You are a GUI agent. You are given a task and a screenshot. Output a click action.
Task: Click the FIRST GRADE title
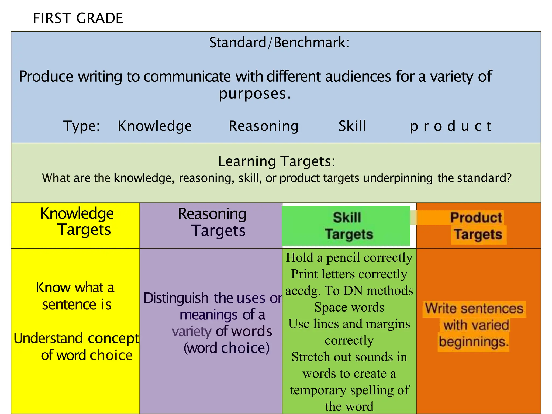click(x=78, y=18)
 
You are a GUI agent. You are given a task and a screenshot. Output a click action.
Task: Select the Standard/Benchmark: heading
click(x=279, y=43)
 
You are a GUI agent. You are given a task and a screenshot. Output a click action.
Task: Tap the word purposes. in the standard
click(x=254, y=94)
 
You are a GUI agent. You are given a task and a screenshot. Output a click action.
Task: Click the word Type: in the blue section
click(x=81, y=126)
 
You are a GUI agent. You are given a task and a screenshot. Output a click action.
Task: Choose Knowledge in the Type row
click(x=155, y=126)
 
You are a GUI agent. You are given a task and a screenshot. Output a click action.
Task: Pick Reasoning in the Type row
click(x=264, y=126)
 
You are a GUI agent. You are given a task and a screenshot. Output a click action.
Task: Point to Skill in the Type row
click(x=352, y=126)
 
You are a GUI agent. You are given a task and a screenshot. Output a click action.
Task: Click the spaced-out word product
click(x=451, y=126)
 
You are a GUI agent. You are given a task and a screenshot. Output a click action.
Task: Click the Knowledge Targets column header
click(x=77, y=222)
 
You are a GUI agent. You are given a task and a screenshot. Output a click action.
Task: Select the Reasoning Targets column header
click(x=212, y=222)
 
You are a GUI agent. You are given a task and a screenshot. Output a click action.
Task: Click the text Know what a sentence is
click(x=76, y=296)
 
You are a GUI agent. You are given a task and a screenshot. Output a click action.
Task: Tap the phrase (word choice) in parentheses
click(x=226, y=348)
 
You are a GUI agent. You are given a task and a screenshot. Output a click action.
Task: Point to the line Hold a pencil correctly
click(x=349, y=257)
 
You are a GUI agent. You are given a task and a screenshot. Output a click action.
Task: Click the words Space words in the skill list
click(x=349, y=307)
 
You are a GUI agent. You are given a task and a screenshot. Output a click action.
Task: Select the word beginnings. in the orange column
click(x=474, y=342)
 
